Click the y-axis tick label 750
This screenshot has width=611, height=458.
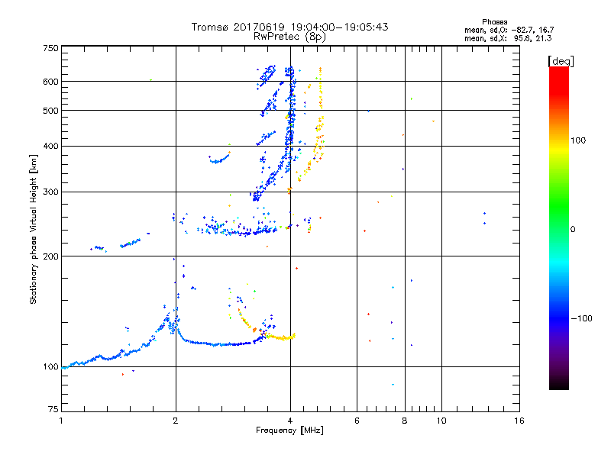click(50, 48)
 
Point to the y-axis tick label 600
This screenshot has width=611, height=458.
click(50, 82)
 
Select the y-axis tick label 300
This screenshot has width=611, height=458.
click(50, 192)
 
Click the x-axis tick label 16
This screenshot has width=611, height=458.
click(519, 421)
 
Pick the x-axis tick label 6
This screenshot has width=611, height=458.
click(357, 421)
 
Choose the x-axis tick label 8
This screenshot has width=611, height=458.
click(404, 421)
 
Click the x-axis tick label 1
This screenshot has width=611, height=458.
click(61, 421)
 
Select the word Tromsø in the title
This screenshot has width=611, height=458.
click(209, 27)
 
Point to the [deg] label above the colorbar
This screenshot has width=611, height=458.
click(561, 60)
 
